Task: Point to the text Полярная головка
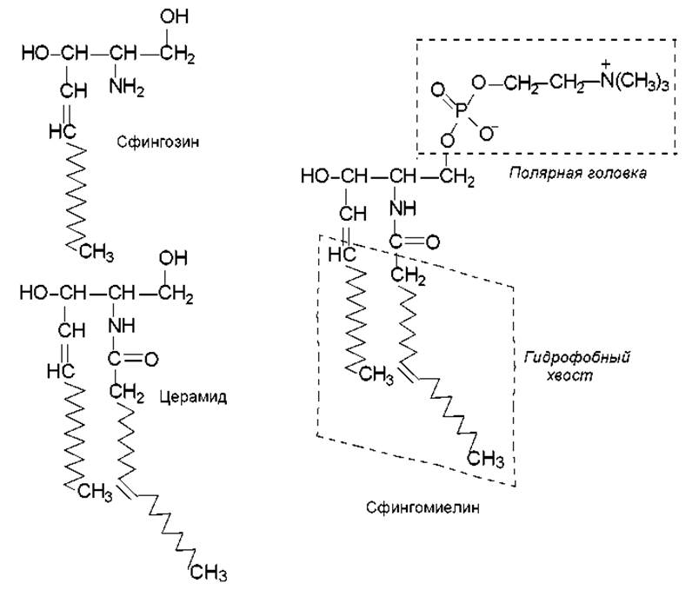click(x=577, y=173)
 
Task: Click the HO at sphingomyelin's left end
click(x=315, y=177)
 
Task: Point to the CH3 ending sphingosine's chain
click(x=97, y=253)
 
